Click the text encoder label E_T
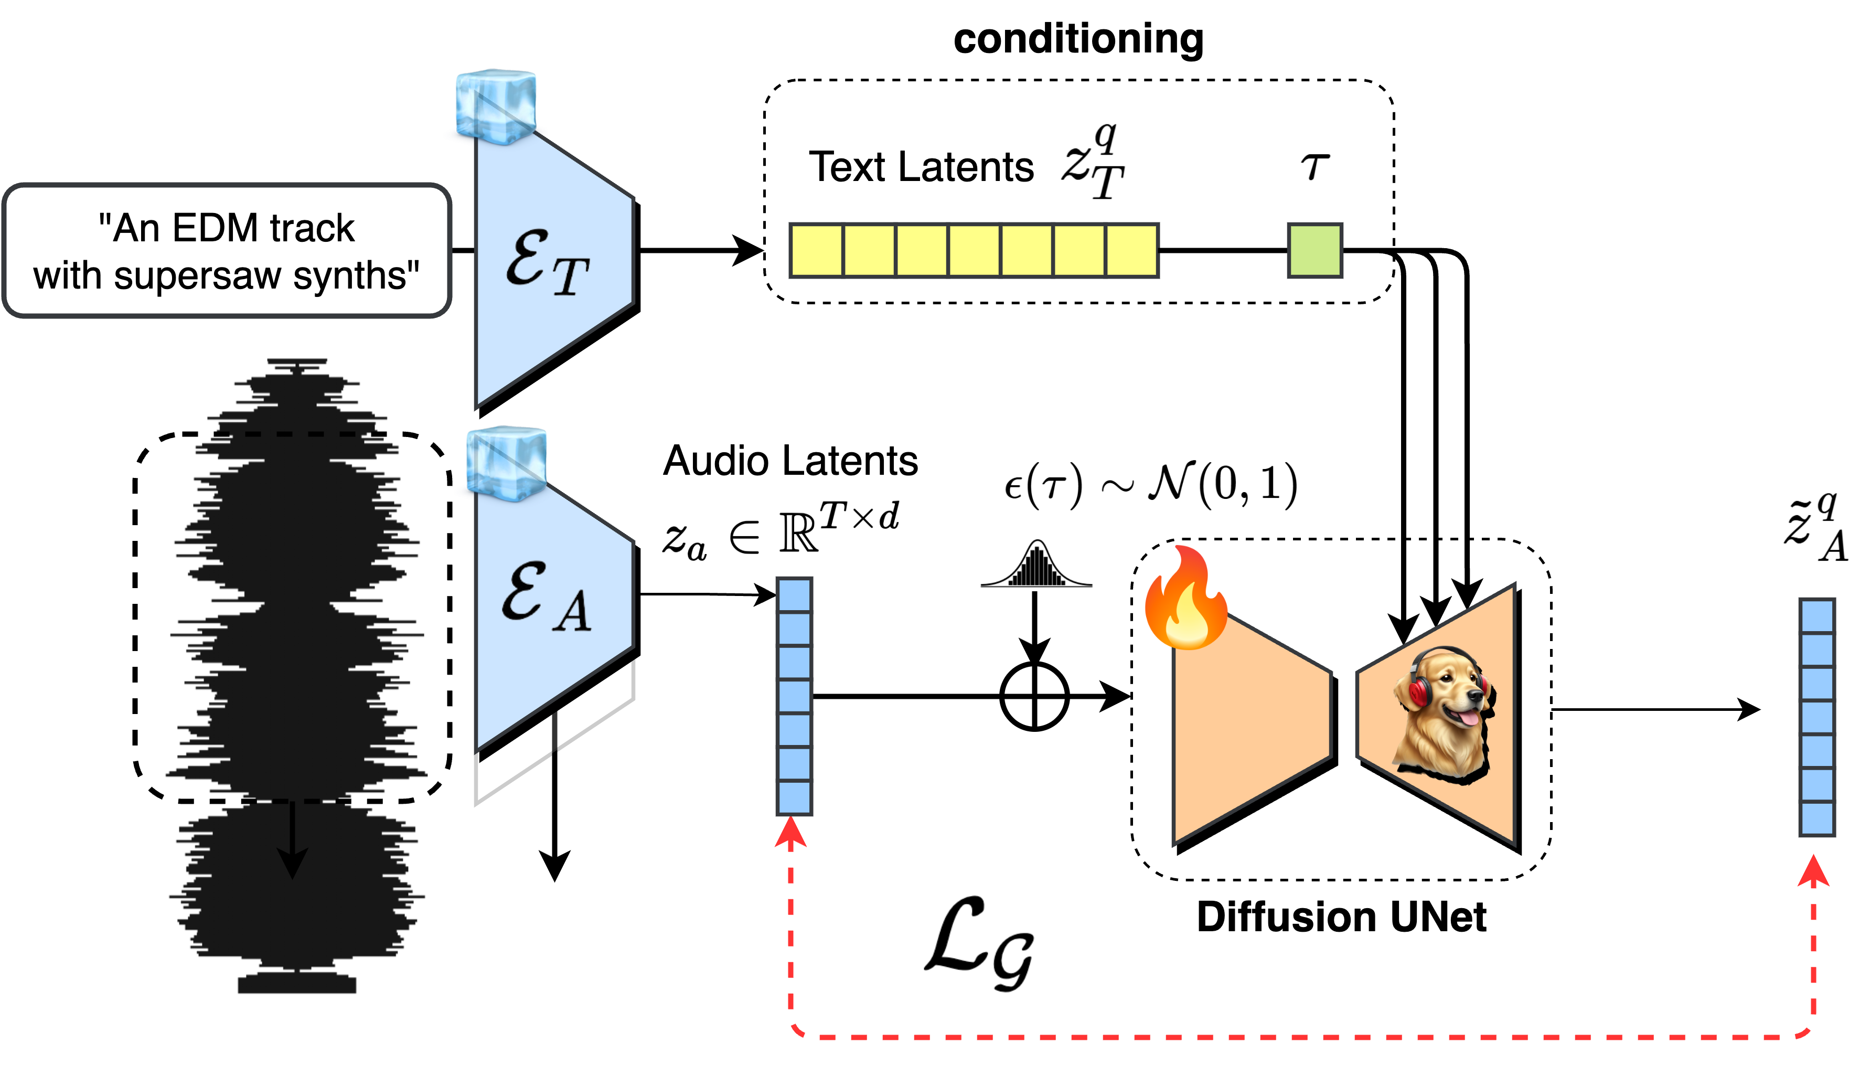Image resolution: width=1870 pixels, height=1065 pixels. (547, 263)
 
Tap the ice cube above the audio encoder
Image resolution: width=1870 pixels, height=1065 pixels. (506, 464)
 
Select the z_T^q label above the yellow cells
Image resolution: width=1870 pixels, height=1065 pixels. (1095, 165)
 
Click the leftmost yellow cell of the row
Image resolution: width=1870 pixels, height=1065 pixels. (817, 251)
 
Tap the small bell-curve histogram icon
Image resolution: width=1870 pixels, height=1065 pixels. (1033, 564)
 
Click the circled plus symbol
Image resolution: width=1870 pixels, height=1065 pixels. (1034, 696)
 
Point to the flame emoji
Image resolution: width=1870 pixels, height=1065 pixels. (1185, 598)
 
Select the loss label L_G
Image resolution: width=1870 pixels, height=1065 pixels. (983, 944)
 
